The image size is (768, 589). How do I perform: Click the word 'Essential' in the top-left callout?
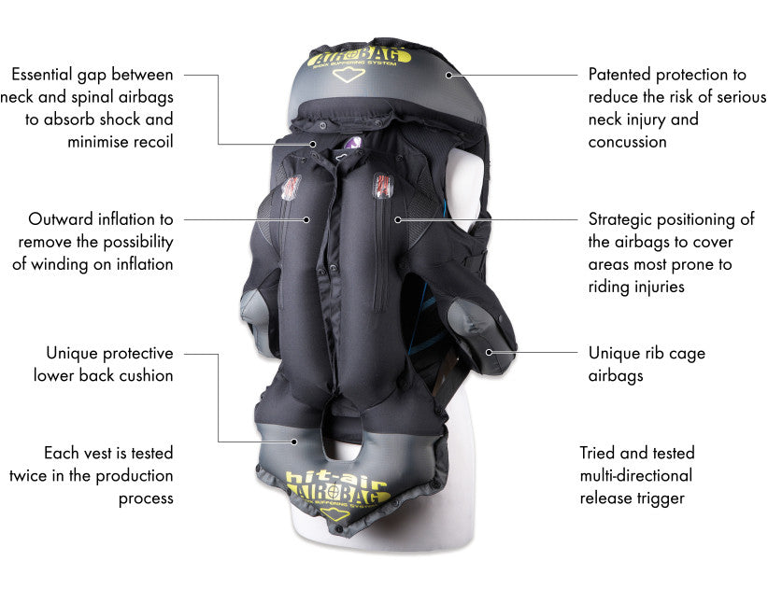(43, 74)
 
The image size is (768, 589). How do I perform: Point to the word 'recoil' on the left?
(151, 142)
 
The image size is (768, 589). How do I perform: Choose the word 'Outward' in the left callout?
(59, 219)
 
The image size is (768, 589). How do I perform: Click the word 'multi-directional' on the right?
(636, 475)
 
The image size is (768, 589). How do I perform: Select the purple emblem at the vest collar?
(352, 144)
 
